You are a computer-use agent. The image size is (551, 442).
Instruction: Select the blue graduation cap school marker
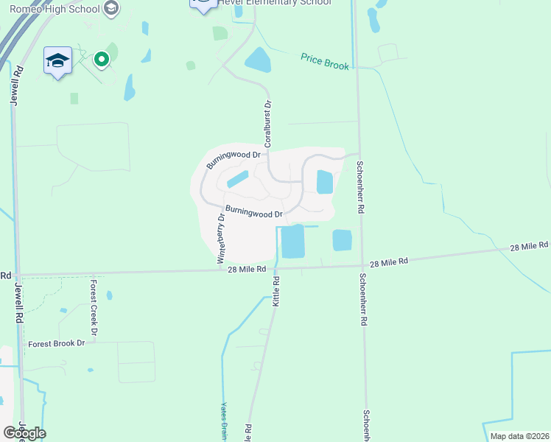[57, 61]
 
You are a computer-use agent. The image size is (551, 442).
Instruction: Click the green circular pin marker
[102, 58]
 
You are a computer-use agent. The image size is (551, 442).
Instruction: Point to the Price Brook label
[325, 61]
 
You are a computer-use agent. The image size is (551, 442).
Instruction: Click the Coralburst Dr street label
[268, 124]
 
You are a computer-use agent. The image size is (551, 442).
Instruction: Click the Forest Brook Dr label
[57, 344]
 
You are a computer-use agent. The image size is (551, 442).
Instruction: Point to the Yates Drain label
[223, 421]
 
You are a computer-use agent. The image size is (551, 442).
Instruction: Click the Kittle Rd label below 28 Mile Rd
[277, 292]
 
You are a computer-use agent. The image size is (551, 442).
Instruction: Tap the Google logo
[24, 433]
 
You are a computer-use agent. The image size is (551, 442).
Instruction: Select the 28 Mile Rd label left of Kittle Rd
[247, 270]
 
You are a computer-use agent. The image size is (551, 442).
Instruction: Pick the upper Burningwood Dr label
[234, 159]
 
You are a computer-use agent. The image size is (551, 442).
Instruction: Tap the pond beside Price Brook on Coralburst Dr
[258, 60]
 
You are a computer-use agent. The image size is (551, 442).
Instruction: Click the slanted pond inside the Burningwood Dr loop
[237, 179]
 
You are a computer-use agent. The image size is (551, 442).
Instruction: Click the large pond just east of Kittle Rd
[292, 241]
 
